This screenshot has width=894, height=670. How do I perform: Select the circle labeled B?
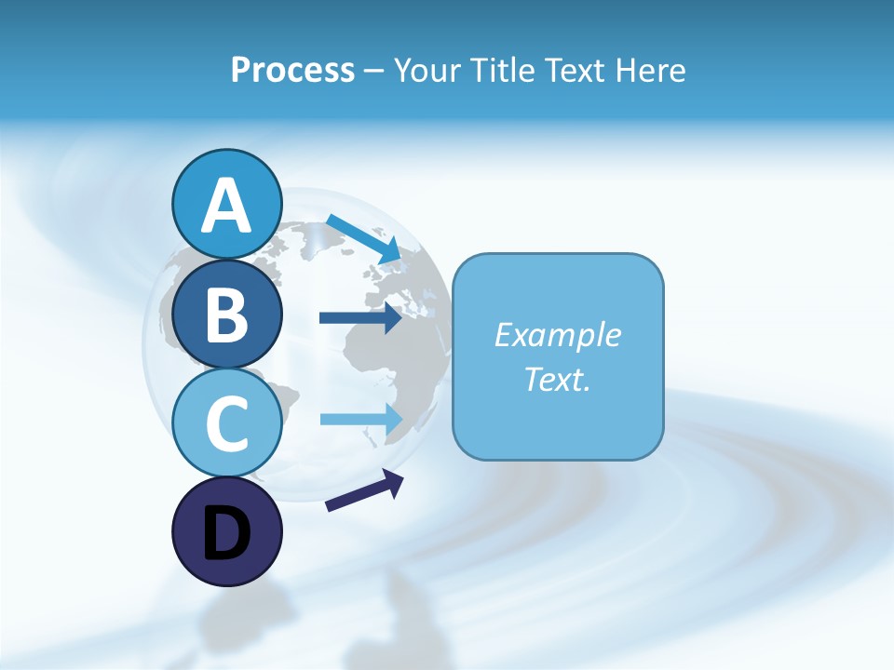click(227, 315)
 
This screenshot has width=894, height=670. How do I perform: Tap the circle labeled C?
click(227, 423)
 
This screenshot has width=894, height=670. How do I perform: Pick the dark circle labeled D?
click(227, 532)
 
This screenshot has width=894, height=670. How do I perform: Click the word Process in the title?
click(292, 70)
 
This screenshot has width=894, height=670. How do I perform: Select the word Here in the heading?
click(651, 70)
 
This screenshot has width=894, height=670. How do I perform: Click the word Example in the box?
click(557, 335)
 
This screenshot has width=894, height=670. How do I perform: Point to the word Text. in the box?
click(557, 379)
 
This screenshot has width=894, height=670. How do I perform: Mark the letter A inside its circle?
click(227, 207)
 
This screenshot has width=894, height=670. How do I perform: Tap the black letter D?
click(227, 534)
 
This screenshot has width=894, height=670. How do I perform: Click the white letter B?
click(227, 315)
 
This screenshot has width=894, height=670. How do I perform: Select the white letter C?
click(227, 423)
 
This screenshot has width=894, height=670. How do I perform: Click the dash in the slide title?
click(373, 71)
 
